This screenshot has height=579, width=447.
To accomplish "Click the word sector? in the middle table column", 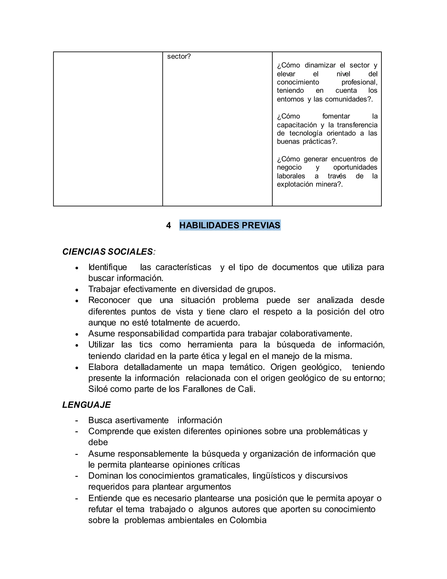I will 179,56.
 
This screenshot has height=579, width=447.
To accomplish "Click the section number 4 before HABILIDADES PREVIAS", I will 168,225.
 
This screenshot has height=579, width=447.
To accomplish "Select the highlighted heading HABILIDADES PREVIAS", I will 230,225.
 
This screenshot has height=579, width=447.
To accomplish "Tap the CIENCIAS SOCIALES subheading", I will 108,251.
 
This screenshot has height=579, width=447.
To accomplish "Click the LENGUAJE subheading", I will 86,405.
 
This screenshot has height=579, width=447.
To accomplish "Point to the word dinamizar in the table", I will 320,65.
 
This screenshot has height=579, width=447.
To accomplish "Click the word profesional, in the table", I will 359,82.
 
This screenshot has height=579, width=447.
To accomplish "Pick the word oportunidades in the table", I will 355,167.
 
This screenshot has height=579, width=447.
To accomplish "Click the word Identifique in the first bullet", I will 108,267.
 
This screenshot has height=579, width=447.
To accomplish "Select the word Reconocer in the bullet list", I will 109,300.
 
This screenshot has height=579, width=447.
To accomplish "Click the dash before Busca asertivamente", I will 77,420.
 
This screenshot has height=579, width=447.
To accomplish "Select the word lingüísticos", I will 273,476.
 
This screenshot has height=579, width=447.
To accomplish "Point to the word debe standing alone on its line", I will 98,442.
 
